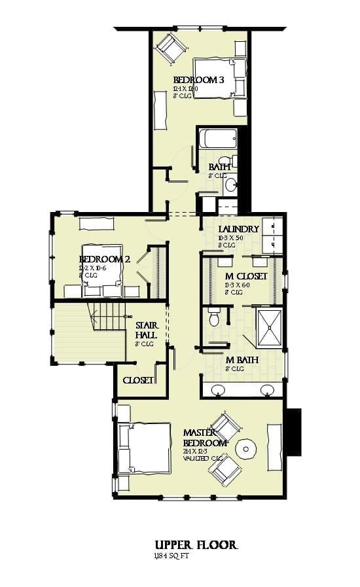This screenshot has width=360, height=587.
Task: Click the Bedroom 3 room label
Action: point(199,80)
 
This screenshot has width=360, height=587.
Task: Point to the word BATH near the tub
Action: point(219,167)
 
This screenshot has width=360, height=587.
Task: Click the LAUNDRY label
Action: point(240,229)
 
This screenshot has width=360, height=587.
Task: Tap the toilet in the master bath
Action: point(213,319)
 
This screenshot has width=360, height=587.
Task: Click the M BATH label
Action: point(242,360)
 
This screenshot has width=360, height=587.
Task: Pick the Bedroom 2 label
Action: point(103,259)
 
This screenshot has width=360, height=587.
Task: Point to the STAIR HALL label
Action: point(145,330)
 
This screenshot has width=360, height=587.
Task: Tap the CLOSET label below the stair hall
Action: point(138,380)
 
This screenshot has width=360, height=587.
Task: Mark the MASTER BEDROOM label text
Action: point(205,438)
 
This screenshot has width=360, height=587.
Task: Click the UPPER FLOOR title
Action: point(196,544)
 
